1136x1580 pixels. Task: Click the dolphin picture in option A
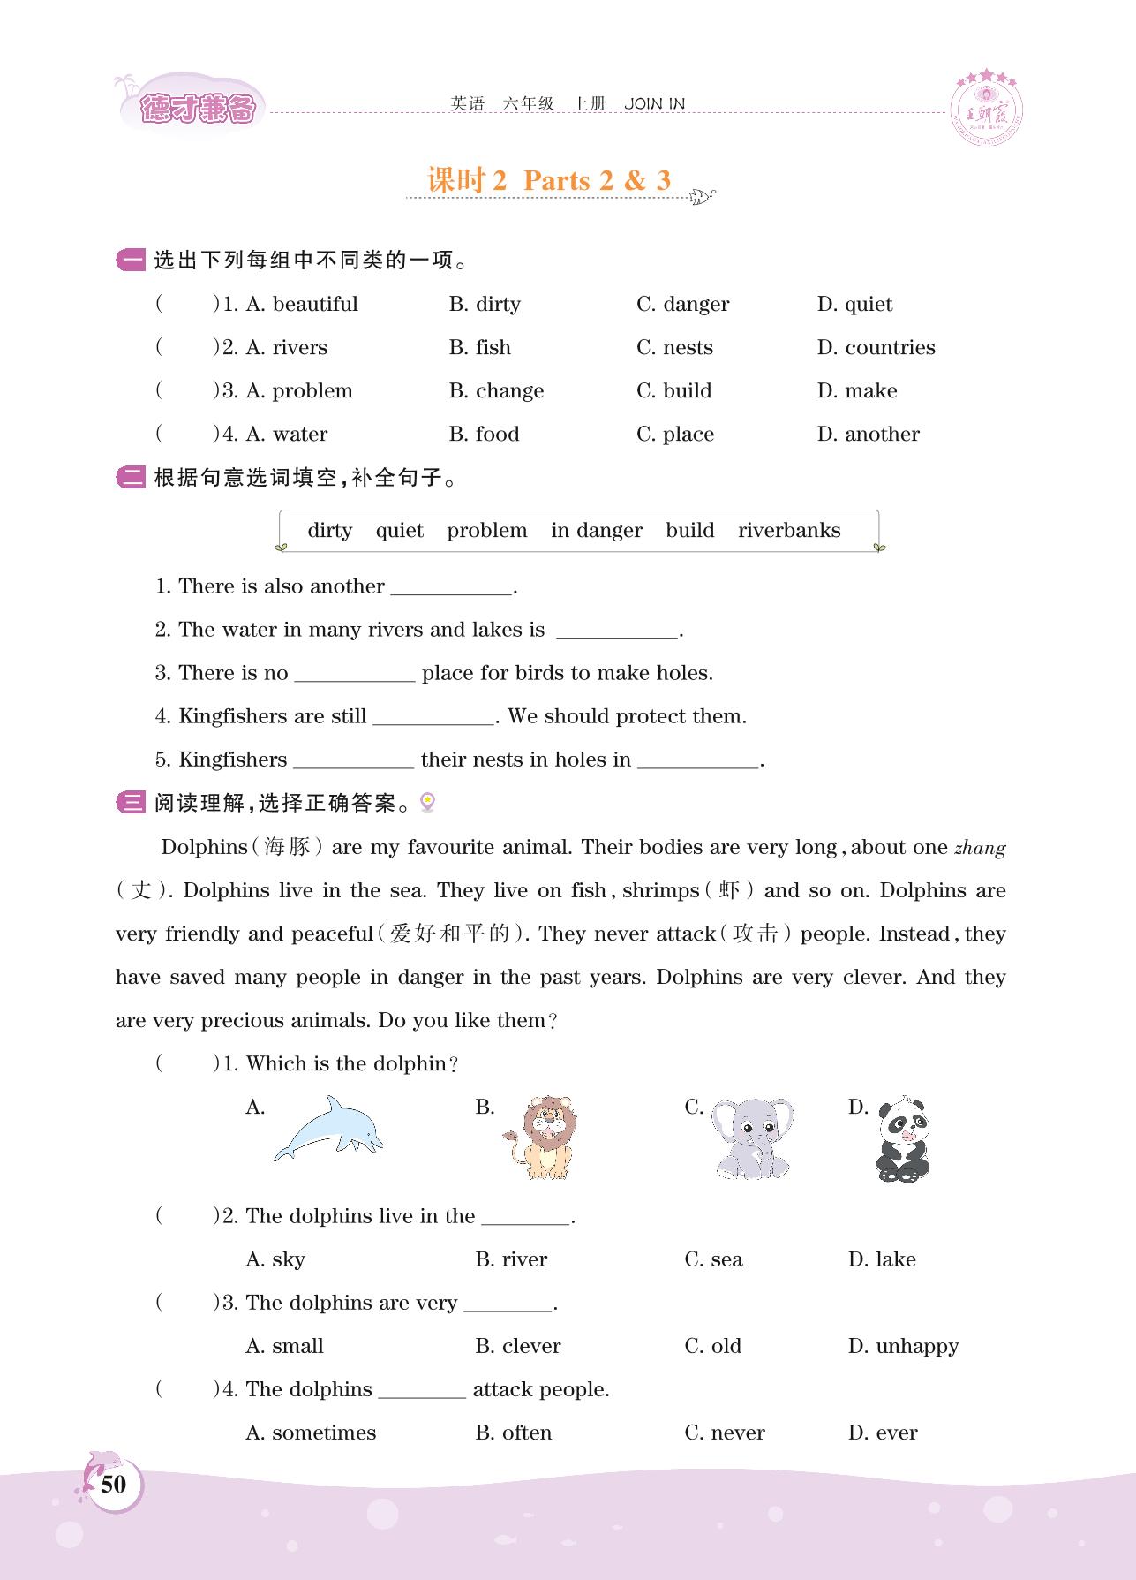coord(328,1128)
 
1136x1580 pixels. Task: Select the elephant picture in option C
coord(752,1138)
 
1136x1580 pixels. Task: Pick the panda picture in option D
coord(903,1139)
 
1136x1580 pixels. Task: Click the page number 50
coord(114,1484)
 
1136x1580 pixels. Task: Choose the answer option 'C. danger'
coord(682,305)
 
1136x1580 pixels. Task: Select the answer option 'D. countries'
coord(876,348)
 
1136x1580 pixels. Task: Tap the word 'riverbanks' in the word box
coord(789,531)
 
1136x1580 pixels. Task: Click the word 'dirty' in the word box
coord(329,531)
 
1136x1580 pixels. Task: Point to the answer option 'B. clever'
coord(517,1346)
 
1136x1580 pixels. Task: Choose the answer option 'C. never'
coord(724,1433)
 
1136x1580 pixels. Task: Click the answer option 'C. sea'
coord(713,1259)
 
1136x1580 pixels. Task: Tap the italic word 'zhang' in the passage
coord(980,848)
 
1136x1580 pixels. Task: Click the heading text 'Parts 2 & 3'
coord(597,180)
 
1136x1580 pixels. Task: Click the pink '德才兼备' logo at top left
coord(197,109)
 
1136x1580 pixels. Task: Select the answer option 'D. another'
coord(868,435)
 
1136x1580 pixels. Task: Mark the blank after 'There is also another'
coord(452,587)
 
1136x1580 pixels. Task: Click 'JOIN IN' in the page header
coord(654,104)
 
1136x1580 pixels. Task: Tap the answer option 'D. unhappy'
coord(903,1346)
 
